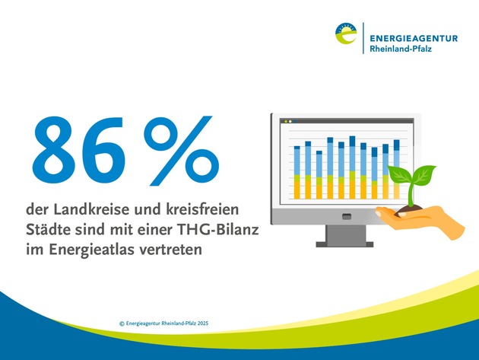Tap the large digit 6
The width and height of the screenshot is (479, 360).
104,150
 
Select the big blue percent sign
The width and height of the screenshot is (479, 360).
182,151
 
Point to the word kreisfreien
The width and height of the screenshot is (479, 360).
202,210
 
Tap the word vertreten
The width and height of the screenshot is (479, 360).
171,250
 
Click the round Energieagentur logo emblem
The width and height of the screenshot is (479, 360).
346,33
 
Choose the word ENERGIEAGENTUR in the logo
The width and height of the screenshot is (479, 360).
414,39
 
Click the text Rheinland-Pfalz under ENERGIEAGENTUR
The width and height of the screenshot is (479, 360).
401,49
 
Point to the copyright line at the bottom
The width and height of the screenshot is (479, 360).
163,323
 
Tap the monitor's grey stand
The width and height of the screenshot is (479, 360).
345,236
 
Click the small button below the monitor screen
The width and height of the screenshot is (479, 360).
347,217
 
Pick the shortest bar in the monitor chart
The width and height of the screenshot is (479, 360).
319,174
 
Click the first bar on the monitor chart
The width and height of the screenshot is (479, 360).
297,173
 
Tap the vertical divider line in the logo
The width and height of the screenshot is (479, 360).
363,38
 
